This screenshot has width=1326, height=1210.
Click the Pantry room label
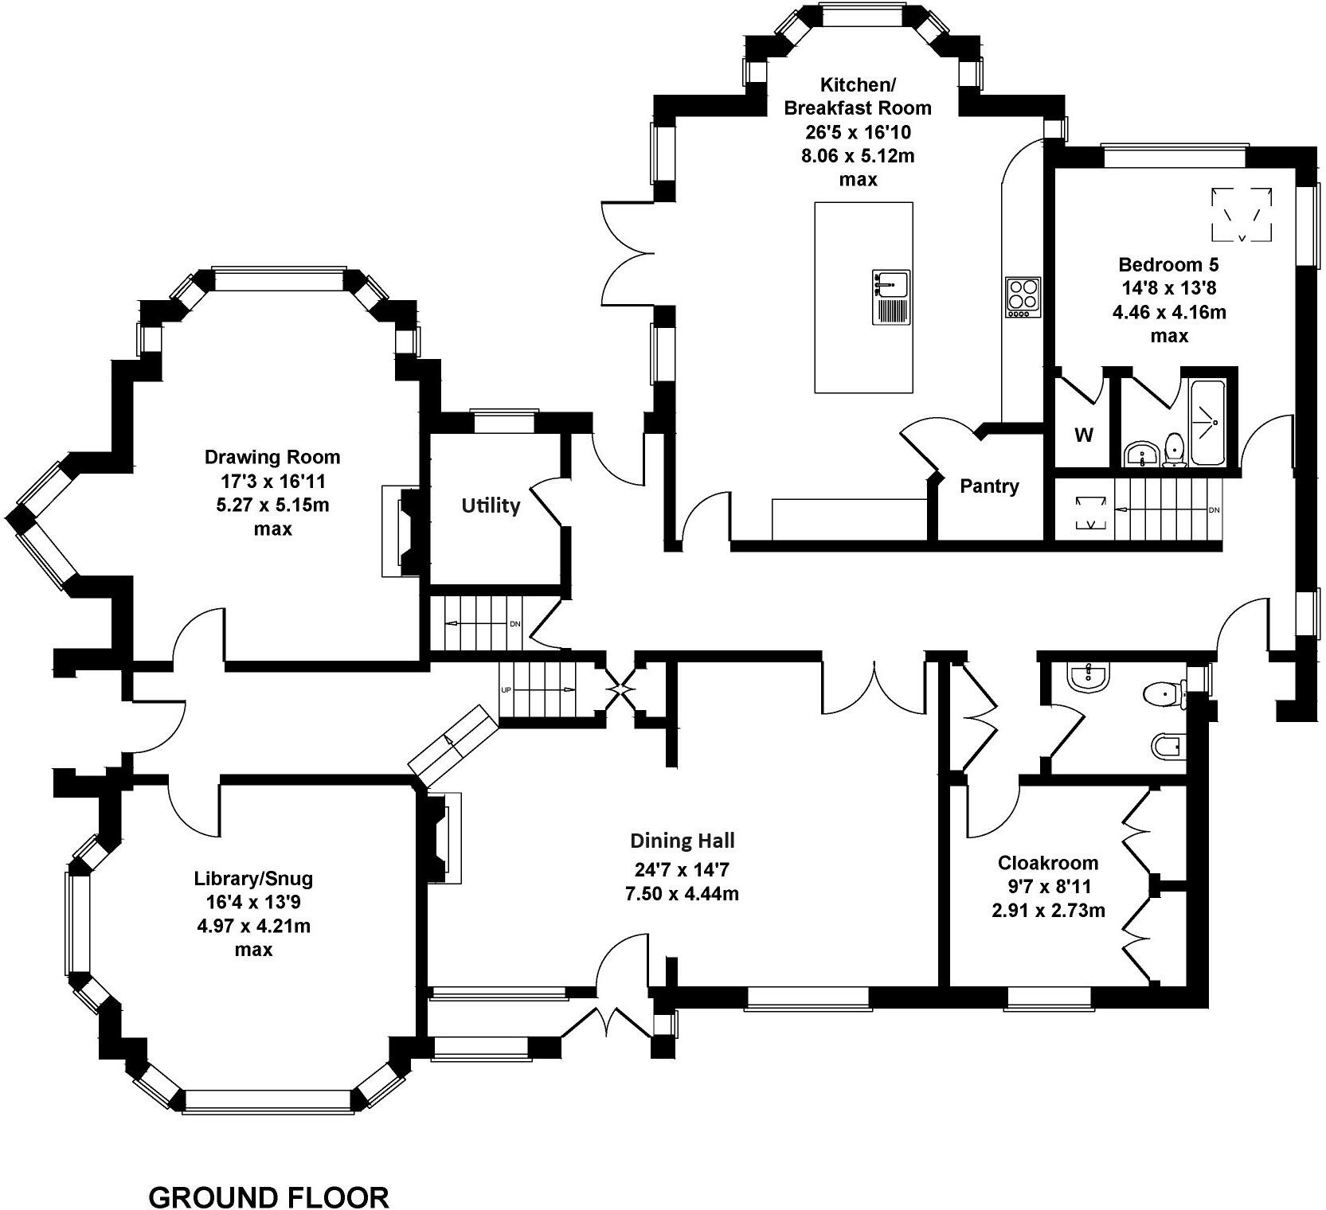(989, 486)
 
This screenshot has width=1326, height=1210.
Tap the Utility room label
(491, 505)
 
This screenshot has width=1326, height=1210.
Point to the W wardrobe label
(1084, 435)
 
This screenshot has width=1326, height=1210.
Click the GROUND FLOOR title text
(269, 1174)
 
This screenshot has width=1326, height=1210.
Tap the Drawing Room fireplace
(405, 531)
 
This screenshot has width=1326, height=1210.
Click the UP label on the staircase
(505, 689)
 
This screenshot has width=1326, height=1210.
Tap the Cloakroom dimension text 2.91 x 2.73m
(1048, 910)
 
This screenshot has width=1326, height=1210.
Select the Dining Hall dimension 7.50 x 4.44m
(682, 893)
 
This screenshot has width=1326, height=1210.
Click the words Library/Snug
(253, 879)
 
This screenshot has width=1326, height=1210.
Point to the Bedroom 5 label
(1168, 264)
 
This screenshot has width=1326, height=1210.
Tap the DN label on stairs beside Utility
(514, 623)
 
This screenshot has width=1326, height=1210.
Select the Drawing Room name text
(272, 457)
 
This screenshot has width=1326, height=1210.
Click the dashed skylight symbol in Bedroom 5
(1242, 213)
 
